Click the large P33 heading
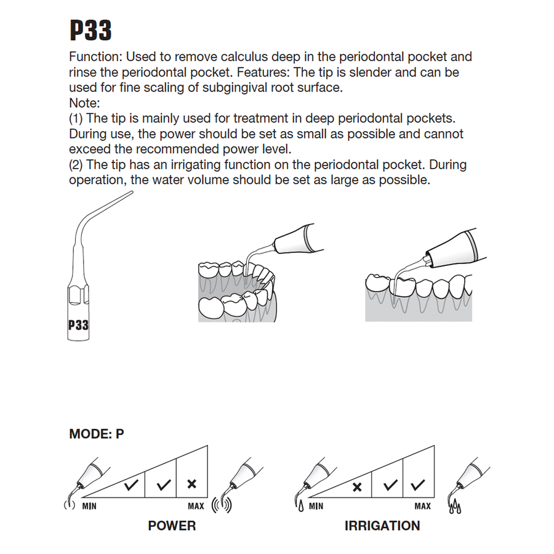[x=90, y=30]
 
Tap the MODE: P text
[x=97, y=434]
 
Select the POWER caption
[x=172, y=526]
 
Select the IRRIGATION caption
[x=382, y=526]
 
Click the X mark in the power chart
[x=191, y=484]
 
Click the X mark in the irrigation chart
[x=356, y=488]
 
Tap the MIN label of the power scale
[x=90, y=507]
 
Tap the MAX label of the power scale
[x=196, y=507]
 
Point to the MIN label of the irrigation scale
[x=316, y=507]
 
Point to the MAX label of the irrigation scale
[x=422, y=507]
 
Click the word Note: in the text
[x=85, y=103]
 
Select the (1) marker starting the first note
[x=77, y=118]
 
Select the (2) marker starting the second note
[x=77, y=165]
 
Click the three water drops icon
[x=456, y=508]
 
